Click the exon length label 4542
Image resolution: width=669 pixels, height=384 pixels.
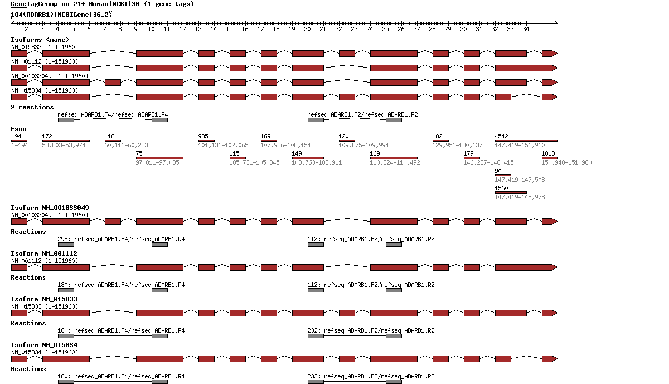pos(501,136)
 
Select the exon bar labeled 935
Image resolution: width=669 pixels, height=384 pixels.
pos(206,141)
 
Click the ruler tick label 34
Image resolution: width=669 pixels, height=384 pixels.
pos(525,29)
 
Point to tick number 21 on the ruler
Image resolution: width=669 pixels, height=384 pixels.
pos(322,29)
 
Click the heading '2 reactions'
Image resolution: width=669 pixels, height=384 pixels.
pos(32,107)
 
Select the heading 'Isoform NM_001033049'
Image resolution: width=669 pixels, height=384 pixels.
pos(50,208)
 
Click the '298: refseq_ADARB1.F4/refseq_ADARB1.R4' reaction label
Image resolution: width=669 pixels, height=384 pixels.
pos(121,239)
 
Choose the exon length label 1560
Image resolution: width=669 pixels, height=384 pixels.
pos(501,188)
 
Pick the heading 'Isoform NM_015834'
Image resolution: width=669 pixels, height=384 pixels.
pos(44,345)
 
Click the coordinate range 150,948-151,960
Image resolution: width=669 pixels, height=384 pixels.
pos(566,162)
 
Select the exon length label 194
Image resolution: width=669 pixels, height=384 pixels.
pos(16,136)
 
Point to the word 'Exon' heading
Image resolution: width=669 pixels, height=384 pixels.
pos(18,129)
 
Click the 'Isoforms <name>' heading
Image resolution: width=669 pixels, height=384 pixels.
pos(40,40)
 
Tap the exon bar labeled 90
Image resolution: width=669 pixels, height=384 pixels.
pos(503,175)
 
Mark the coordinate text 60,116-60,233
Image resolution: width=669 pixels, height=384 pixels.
pos(126,145)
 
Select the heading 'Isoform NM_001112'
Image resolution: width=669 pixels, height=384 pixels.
pos(44,253)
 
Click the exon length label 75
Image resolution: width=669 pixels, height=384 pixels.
pos(139,153)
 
